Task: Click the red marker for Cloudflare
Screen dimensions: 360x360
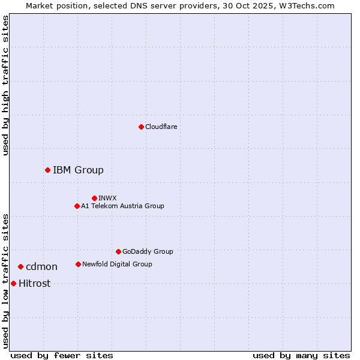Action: click(x=141, y=127)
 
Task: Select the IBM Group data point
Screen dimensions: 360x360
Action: click(x=47, y=170)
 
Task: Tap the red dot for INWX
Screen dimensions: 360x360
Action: click(x=94, y=198)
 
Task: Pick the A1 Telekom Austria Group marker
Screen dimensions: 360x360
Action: click(x=77, y=206)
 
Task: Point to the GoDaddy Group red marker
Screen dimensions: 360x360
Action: click(x=118, y=251)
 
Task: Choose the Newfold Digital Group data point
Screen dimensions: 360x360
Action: click(x=78, y=264)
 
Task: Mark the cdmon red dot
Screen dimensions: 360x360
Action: click(x=20, y=266)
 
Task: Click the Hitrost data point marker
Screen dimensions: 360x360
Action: click(x=13, y=283)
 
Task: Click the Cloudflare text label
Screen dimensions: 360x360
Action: click(x=161, y=127)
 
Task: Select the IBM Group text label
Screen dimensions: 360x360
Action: click(x=78, y=170)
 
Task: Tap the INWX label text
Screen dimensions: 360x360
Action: click(x=107, y=198)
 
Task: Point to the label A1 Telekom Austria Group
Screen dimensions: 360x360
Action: click(x=122, y=206)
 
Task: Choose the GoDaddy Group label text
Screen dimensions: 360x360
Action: click(x=148, y=251)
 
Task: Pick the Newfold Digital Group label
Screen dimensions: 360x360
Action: click(x=117, y=264)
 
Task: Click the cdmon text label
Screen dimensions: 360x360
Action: click(x=41, y=266)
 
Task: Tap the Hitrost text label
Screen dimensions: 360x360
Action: click(x=34, y=283)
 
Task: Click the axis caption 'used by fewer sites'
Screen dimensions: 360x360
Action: click(x=62, y=355)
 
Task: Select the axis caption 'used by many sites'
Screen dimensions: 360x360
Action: click(x=301, y=355)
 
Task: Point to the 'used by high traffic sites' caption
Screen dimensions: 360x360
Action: click(x=5, y=85)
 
